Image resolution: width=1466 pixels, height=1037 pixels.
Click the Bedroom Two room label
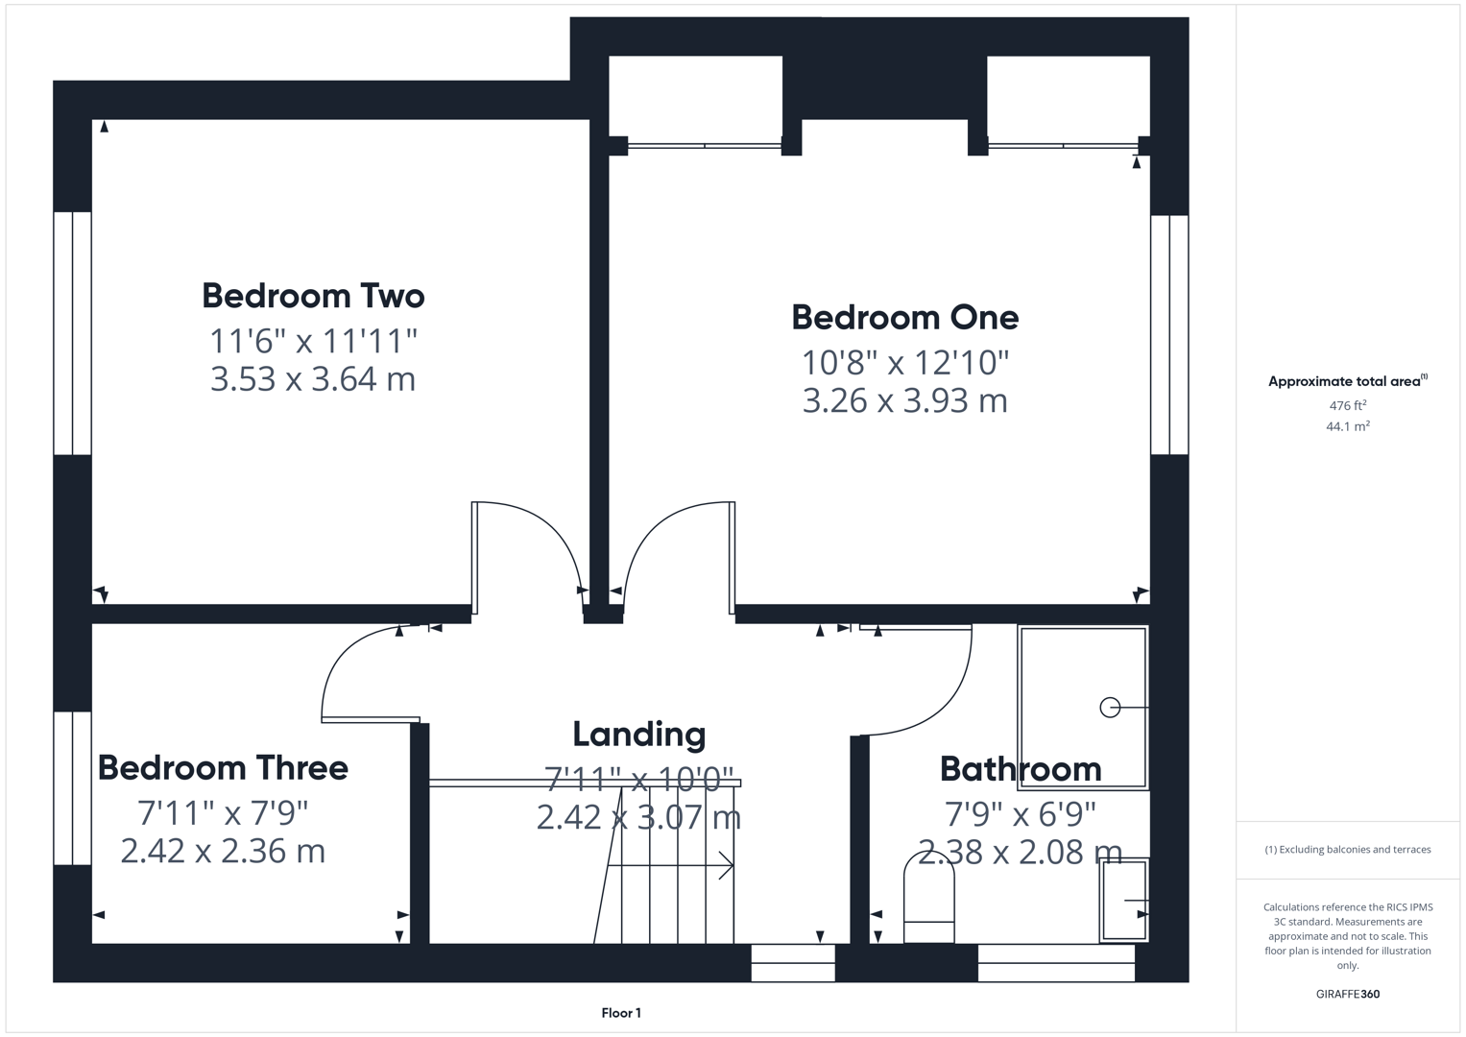pyautogui.click(x=313, y=296)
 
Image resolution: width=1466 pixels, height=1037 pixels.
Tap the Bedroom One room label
pyautogui.click(x=904, y=317)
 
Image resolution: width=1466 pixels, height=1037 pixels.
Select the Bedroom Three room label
pyautogui.click(x=223, y=768)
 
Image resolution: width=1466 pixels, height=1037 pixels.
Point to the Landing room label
pyautogui.click(x=639, y=735)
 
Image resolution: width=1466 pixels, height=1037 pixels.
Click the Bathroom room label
pyautogui.click(x=1021, y=769)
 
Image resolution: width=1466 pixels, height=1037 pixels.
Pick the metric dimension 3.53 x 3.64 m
pyautogui.click(x=313, y=378)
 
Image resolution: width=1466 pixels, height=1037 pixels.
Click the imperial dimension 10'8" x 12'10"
pyautogui.click(x=905, y=363)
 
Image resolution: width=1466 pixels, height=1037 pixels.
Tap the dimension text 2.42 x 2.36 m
pyautogui.click(x=223, y=851)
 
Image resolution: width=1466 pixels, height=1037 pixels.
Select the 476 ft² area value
pyautogui.click(x=1348, y=405)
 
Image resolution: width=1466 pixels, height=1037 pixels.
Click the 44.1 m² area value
pyautogui.click(x=1348, y=426)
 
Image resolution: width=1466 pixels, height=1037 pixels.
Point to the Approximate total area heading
pyautogui.click(x=1347, y=381)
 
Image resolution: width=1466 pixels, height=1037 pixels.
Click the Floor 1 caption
pyautogui.click(x=621, y=1013)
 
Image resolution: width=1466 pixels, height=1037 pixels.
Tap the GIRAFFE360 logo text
pyautogui.click(x=1348, y=994)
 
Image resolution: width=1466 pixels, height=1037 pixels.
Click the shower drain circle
pyautogui.click(x=1110, y=708)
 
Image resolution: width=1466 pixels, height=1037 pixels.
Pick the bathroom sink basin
pyautogui.click(x=1124, y=901)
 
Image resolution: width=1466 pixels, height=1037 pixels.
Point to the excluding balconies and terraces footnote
pyautogui.click(x=1348, y=850)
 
